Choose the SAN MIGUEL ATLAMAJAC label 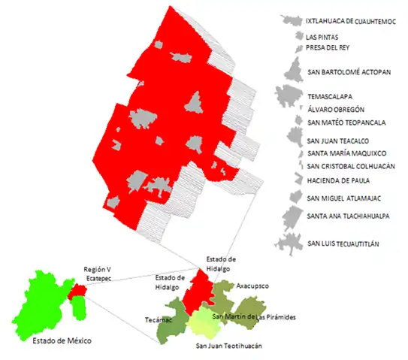coord(346,198)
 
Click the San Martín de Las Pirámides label coord(254,318)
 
